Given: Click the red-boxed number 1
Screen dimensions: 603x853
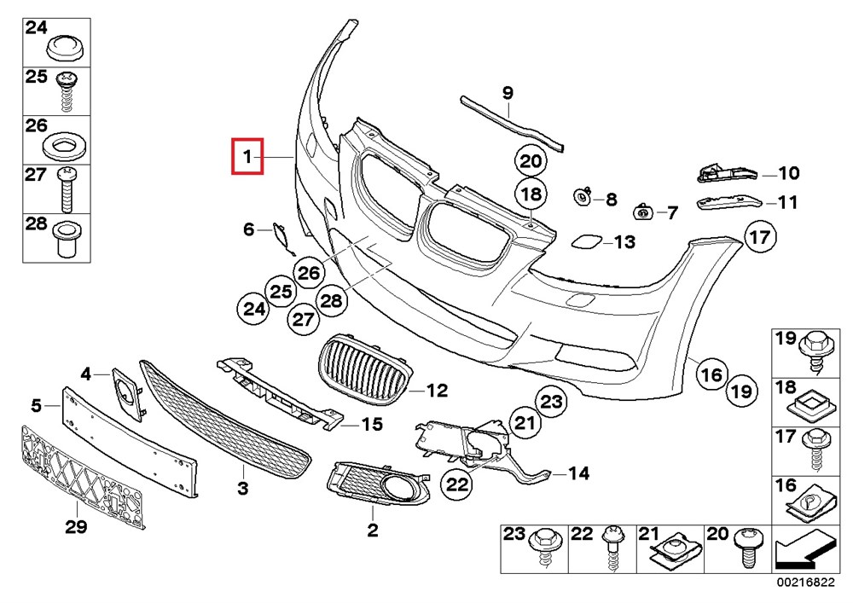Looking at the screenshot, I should pyautogui.click(x=247, y=157).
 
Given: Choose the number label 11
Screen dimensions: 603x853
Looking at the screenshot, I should pyautogui.click(x=786, y=203).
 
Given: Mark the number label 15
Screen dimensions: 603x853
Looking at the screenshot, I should pyautogui.click(x=371, y=424).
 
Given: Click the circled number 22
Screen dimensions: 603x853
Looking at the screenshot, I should pyautogui.click(x=457, y=484).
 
